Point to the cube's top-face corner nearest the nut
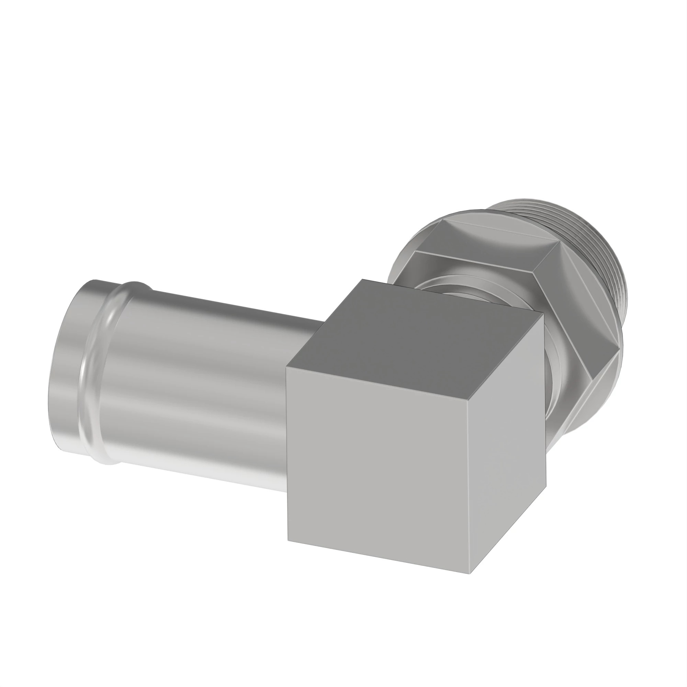pyautogui.click(x=543, y=313)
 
